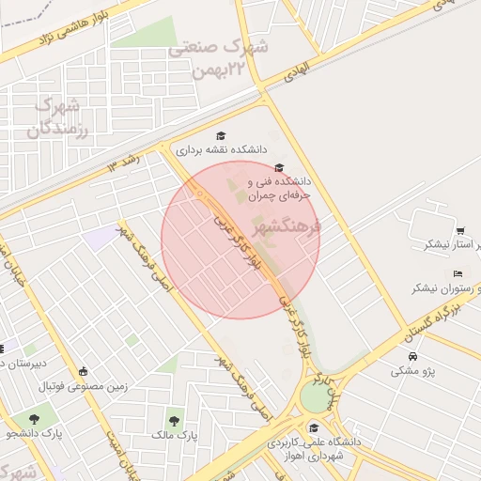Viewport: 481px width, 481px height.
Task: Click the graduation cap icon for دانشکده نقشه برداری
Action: coord(221,135)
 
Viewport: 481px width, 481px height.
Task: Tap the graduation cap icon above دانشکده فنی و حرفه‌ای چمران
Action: coord(279,166)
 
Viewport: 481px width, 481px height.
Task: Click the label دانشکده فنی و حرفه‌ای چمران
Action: coord(278,187)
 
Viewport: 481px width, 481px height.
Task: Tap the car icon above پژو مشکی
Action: coord(413,356)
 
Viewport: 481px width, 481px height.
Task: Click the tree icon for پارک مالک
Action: coord(173,420)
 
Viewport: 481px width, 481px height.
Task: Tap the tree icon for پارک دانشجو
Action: coord(35,419)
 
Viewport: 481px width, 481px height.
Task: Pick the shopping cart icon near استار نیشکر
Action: coord(459,231)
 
